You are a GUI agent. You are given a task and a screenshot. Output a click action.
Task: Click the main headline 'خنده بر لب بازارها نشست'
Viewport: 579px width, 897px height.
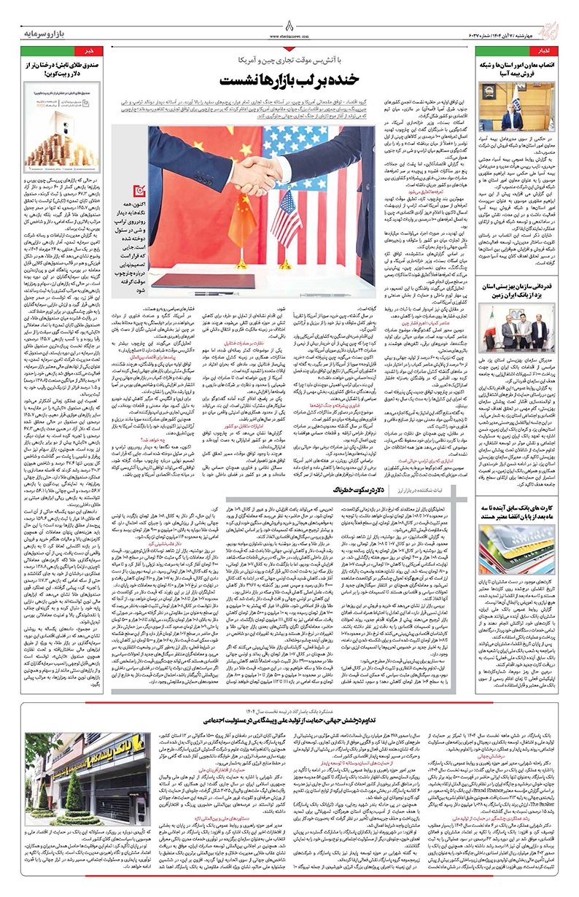coord(290,77)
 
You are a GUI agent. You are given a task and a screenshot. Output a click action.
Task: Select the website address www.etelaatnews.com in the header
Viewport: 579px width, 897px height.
coord(289,34)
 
